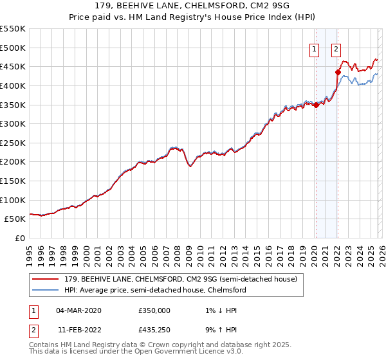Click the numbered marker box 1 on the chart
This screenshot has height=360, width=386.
point(315,48)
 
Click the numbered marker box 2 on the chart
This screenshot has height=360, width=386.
point(336,48)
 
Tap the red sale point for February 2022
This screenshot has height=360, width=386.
point(337,72)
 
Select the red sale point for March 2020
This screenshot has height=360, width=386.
point(315,105)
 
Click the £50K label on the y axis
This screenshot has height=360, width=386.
point(15,219)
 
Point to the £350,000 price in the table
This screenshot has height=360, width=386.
point(154,310)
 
